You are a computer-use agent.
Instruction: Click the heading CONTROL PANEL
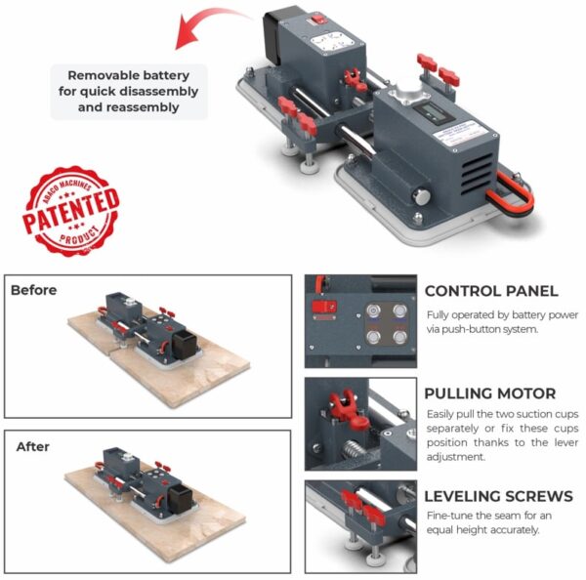[x=491, y=291]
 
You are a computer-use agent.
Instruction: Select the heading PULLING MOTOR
[x=490, y=394]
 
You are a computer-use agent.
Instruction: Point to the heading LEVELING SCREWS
[x=498, y=496]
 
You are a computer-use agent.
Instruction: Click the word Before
[x=34, y=290]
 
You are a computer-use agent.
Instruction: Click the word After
[x=32, y=446]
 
